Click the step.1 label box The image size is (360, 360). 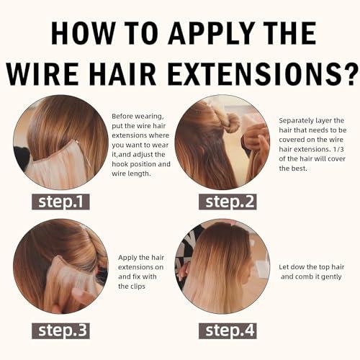point(60,200)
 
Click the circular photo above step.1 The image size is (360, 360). point(60,143)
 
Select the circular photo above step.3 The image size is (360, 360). point(60,266)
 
